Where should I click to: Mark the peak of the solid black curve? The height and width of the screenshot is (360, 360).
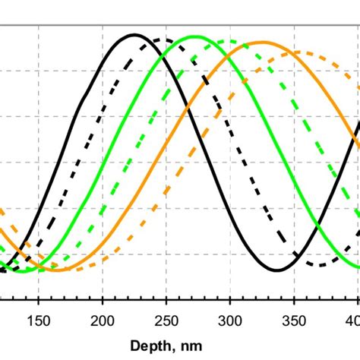134,35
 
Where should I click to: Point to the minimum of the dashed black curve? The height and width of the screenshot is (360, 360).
323,265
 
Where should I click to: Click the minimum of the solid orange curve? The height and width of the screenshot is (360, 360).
56,270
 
